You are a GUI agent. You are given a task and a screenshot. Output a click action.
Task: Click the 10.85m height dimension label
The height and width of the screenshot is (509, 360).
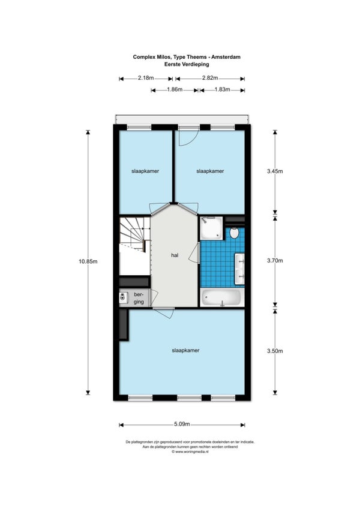click(x=88, y=261)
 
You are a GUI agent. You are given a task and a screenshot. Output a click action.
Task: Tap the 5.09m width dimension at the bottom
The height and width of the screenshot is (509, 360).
click(x=182, y=424)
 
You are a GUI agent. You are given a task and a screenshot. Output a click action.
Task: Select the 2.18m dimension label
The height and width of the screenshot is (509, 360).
click(x=146, y=78)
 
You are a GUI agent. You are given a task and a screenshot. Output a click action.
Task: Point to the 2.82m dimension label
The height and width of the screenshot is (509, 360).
click(x=210, y=78)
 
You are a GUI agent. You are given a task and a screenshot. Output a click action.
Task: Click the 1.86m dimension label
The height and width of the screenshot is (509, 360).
click(x=175, y=89)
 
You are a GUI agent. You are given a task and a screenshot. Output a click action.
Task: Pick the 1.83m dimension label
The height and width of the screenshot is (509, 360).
click(x=222, y=89)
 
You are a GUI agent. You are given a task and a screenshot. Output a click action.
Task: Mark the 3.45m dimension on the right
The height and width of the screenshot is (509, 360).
click(x=275, y=171)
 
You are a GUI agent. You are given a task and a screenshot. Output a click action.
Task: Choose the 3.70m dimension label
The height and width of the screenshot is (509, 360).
click(x=275, y=260)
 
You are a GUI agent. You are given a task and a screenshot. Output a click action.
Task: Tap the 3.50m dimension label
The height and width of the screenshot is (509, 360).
click(x=275, y=351)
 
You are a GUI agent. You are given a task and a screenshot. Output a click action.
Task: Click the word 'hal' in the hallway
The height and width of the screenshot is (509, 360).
click(x=175, y=255)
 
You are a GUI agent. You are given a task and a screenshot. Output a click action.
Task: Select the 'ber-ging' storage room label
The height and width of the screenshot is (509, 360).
click(x=139, y=299)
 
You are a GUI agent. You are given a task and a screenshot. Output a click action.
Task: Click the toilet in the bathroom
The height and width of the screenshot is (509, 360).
click(x=234, y=233)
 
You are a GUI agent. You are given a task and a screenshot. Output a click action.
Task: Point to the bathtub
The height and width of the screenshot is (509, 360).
click(x=222, y=297)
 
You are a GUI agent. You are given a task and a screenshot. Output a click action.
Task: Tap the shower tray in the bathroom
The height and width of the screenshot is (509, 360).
click(x=211, y=228)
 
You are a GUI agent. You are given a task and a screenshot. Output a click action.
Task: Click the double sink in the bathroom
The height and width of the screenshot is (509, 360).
click(x=240, y=269)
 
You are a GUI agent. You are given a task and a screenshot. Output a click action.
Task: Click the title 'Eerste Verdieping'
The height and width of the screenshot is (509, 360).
click(x=187, y=64)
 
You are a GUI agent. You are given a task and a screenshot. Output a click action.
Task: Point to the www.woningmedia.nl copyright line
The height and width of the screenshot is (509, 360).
click(x=190, y=451)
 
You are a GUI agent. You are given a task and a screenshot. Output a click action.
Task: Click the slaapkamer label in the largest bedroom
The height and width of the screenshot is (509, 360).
click(x=185, y=350)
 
